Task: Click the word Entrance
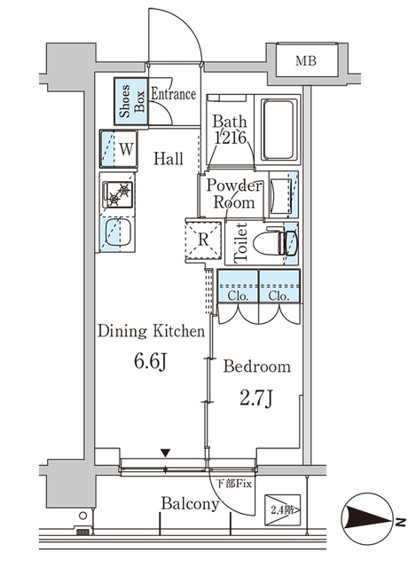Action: tap(173, 93)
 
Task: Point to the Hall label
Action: tap(169, 160)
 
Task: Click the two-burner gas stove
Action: tap(117, 193)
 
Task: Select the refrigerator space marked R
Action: tap(201, 237)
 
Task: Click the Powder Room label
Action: tap(233, 194)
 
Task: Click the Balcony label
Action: tap(190, 504)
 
